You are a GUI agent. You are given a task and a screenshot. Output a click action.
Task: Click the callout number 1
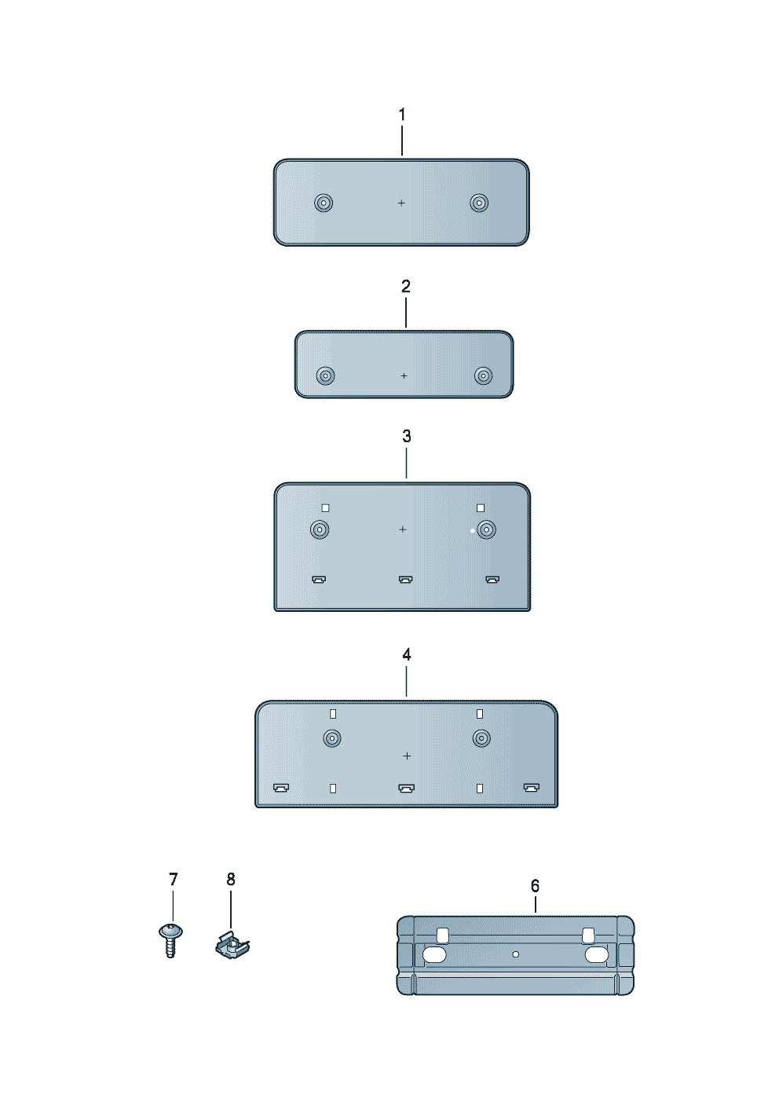click(x=402, y=115)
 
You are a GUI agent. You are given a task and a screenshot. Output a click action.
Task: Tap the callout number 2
click(x=406, y=287)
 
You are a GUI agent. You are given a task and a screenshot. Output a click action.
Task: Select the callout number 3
click(x=407, y=436)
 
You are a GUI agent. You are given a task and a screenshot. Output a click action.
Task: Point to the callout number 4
click(x=407, y=654)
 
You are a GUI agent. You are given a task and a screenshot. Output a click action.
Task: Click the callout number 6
click(x=536, y=886)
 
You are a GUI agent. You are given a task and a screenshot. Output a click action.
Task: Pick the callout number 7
click(x=174, y=879)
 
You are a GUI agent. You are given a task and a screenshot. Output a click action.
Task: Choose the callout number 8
click(x=231, y=879)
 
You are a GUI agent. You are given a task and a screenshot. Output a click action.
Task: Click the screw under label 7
click(x=170, y=939)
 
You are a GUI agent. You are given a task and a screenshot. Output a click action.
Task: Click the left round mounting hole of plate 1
click(x=324, y=203)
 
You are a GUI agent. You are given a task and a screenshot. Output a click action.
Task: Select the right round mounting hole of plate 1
click(x=479, y=203)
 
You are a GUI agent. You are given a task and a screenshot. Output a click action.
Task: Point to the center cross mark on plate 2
click(x=404, y=376)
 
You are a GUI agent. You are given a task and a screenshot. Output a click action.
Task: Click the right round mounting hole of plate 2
click(x=484, y=375)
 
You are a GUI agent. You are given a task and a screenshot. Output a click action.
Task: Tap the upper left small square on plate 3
click(x=325, y=508)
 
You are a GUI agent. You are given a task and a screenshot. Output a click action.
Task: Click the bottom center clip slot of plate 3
click(x=405, y=580)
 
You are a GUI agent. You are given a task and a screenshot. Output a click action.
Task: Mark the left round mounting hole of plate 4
click(x=332, y=738)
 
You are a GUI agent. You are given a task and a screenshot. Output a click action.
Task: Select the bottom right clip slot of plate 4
click(x=532, y=787)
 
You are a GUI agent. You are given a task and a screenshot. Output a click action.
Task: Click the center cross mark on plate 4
click(x=407, y=756)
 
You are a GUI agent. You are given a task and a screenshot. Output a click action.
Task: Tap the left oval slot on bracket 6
click(x=434, y=955)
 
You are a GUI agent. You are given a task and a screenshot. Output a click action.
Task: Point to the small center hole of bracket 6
click(x=516, y=954)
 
